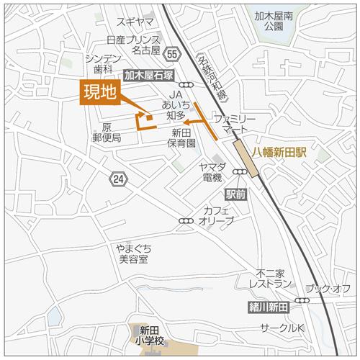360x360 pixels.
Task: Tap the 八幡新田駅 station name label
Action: tap(280, 153)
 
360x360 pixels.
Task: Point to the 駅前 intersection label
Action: tap(235, 194)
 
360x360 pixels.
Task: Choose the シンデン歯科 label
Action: tap(99, 63)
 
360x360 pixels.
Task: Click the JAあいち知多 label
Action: tap(177, 105)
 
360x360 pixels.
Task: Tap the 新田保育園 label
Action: tap(184, 138)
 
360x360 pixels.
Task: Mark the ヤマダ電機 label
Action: tap(212, 173)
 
